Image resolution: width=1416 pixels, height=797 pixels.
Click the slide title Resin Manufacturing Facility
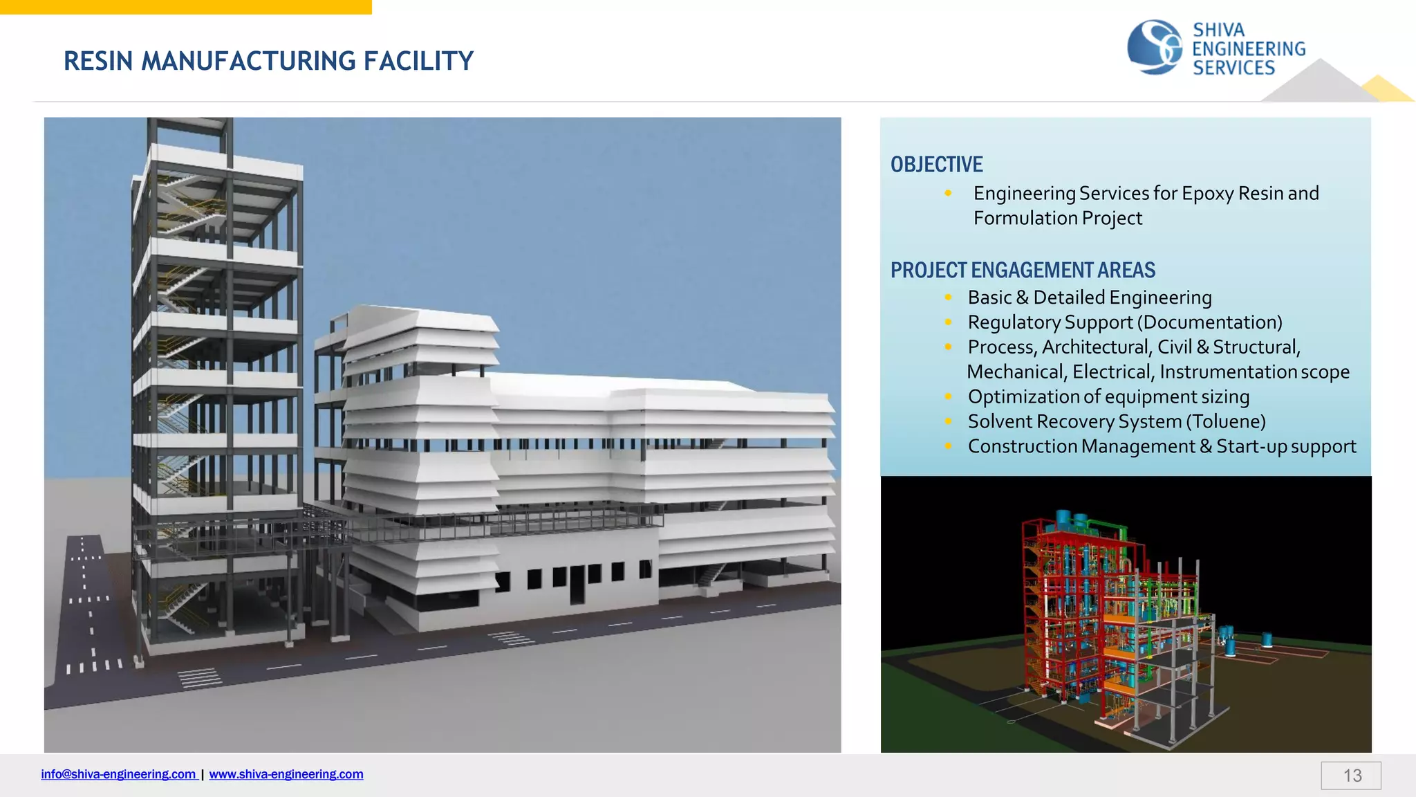click(268, 61)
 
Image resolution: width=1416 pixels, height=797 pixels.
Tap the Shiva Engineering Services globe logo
click(1154, 47)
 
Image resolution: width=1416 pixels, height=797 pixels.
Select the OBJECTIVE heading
click(936, 165)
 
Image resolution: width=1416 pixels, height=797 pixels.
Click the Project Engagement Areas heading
click(1023, 270)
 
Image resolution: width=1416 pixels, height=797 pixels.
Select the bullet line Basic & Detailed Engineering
click(1089, 297)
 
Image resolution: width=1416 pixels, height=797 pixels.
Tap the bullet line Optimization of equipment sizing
click(1108, 396)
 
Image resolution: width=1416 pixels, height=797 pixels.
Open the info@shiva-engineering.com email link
click(118, 774)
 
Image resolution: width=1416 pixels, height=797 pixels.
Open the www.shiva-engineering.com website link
click(286, 774)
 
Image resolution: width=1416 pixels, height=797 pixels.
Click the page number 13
click(1352, 776)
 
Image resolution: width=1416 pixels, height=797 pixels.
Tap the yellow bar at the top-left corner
click(185, 7)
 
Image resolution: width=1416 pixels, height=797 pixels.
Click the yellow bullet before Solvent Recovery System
click(948, 421)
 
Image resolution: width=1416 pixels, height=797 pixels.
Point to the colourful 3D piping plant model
click(1120, 623)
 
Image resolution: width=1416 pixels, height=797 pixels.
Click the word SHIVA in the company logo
click(1218, 30)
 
